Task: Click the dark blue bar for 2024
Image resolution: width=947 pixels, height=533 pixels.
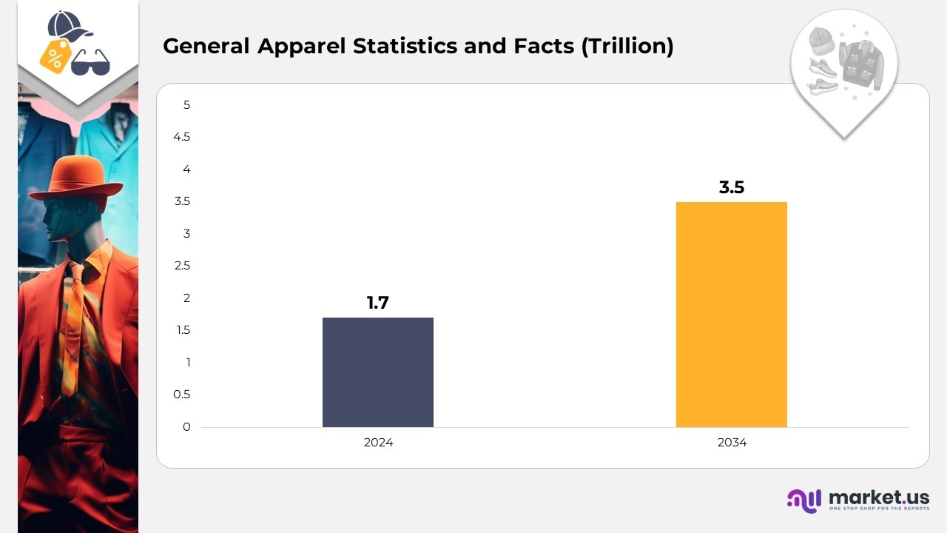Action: (x=377, y=372)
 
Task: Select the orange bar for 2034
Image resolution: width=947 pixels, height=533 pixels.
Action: (x=731, y=315)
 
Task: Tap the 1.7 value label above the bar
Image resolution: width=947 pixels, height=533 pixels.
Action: (x=377, y=303)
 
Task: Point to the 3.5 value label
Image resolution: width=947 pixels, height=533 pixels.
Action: (x=731, y=187)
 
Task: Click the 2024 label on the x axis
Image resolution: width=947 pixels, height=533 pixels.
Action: (x=378, y=443)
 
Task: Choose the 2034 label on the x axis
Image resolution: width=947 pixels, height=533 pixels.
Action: (x=732, y=443)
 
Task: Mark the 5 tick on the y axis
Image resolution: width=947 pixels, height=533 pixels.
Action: (x=186, y=105)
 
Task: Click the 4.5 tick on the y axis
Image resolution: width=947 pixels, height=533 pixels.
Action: (x=182, y=137)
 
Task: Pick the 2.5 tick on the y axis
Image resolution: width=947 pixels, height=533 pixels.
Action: (x=182, y=266)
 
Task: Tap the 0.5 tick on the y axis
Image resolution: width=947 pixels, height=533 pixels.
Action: (x=182, y=395)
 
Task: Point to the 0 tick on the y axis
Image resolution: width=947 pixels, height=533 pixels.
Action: (x=186, y=427)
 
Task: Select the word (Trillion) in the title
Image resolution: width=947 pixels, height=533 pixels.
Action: (x=627, y=47)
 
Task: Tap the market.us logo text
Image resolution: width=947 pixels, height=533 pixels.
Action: (x=879, y=497)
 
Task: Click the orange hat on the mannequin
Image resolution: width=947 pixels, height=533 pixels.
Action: (x=76, y=177)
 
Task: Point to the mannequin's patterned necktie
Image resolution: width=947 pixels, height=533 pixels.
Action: (x=75, y=326)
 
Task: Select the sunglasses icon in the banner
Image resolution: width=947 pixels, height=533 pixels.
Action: (x=90, y=62)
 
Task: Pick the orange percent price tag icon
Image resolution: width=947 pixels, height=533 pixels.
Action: (x=55, y=56)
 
